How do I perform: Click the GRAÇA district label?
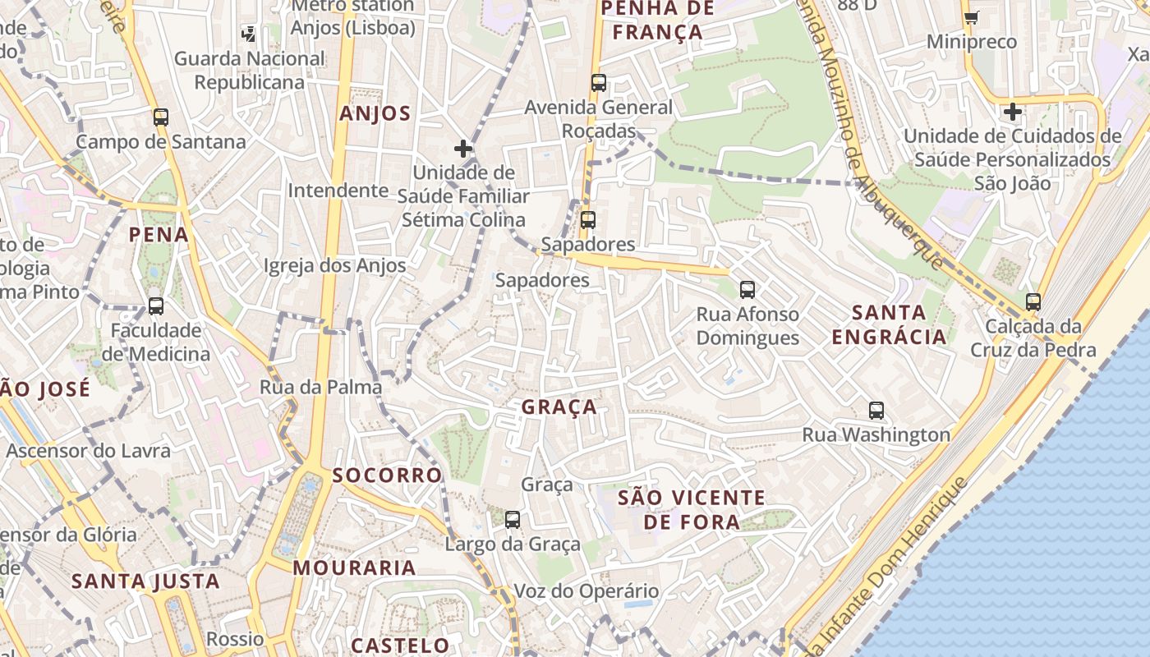click(x=559, y=407)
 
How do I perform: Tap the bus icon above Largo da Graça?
click(x=513, y=519)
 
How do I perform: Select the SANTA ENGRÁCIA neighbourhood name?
click(x=890, y=324)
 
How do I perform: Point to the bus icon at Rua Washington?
click(x=876, y=411)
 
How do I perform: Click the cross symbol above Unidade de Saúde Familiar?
click(x=463, y=149)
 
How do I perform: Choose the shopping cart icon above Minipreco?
click(x=972, y=17)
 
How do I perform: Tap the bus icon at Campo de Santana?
click(x=161, y=117)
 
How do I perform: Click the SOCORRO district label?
click(x=387, y=476)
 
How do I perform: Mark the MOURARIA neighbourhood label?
click(x=354, y=567)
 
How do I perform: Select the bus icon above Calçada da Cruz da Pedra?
click(x=1033, y=301)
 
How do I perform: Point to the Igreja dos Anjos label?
click(x=334, y=265)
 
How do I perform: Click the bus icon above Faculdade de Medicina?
click(x=156, y=306)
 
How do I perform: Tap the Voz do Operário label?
click(x=586, y=591)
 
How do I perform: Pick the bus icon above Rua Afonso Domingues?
click(x=747, y=289)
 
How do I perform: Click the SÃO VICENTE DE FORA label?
click(x=692, y=509)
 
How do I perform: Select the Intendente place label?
click(x=338, y=191)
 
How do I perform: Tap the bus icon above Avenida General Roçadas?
click(x=599, y=82)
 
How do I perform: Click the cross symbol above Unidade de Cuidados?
click(x=1013, y=111)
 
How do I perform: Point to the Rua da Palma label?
click(x=320, y=387)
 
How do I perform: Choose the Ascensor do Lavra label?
click(x=88, y=451)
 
